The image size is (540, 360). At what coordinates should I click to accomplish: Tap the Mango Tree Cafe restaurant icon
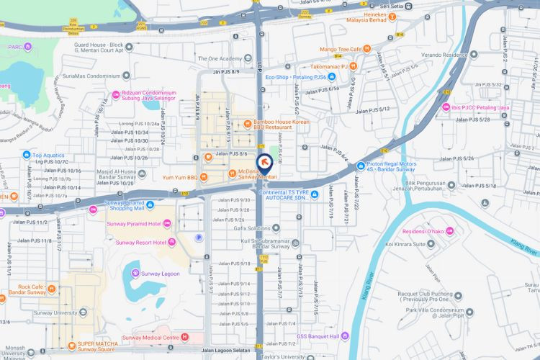[367, 49]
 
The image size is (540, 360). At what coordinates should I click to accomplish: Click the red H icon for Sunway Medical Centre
[185, 337]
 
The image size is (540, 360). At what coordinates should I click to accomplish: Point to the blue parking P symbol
[199, 238]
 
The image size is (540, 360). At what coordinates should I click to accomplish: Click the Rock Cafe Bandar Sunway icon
[53, 291]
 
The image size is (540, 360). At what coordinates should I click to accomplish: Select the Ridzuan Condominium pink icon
[116, 94]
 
